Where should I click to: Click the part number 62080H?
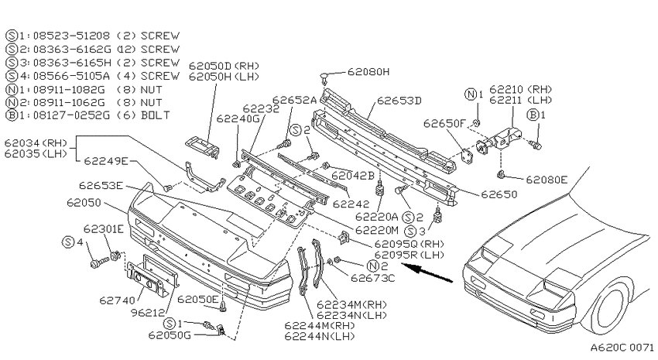(x=368, y=72)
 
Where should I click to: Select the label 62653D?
(x=399, y=101)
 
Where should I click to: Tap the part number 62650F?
(x=445, y=123)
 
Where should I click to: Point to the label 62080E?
(x=547, y=180)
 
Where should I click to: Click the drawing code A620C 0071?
(x=622, y=348)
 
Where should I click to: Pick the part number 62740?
(x=118, y=300)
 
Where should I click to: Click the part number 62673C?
(x=373, y=278)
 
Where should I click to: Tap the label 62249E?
(x=106, y=161)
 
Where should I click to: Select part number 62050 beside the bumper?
(x=84, y=203)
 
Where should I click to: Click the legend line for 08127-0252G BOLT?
(x=88, y=115)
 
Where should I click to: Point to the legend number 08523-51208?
(x=71, y=36)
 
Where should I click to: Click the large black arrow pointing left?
(x=427, y=273)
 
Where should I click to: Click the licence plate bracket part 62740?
(x=145, y=279)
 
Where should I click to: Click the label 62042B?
(x=353, y=176)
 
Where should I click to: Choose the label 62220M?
(x=376, y=230)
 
